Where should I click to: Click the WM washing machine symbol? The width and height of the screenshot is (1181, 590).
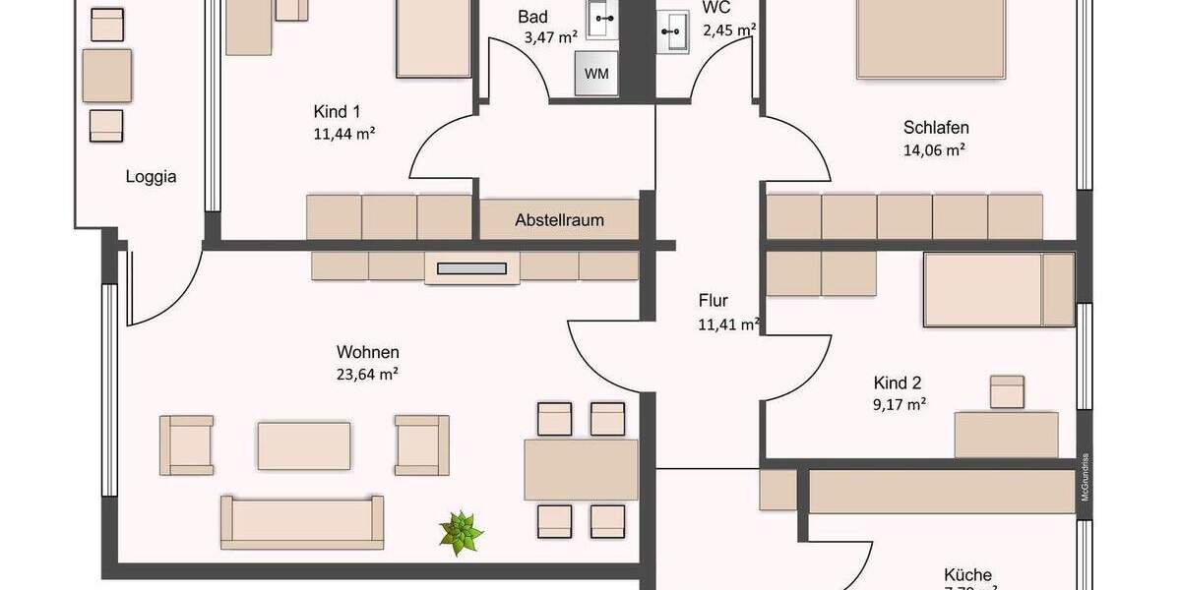pyautogui.click(x=596, y=74)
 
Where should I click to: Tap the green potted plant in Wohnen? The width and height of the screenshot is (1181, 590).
pyautogui.click(x=461, y=533)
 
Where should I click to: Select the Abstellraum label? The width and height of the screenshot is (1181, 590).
pyautogui.click(x=559, y=220)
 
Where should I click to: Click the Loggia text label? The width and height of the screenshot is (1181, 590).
pyautogui.click(x=151, y=177)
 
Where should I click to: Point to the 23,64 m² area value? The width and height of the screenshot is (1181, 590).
pyautogui.click(x=367, y=374)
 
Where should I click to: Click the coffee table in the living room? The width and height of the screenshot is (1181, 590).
pyautogui.click(x=304, y=445)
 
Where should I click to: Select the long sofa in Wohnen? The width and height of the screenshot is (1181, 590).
pyautogui.click(x=302, y=521)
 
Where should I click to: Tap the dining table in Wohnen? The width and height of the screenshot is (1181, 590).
pyautogui.click(x=582, y=470)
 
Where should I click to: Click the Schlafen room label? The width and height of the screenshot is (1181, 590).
pyautogui.click(x=936, y=127)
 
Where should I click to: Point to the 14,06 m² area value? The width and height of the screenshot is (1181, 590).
pyautogui.click(x=934, y=150)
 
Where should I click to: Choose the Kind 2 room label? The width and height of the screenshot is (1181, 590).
pyautogui.click(x=898, y=383)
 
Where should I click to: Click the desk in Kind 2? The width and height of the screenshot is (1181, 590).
pyautogui.click(x=1005, y=434)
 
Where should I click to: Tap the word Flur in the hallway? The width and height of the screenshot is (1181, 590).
pyautogui.click(x=714, y=301)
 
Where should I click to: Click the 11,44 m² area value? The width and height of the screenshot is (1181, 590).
pyautogui.click(x=343, y=133)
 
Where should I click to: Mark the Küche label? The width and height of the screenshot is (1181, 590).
pyautogui.click(x=967, y=575)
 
